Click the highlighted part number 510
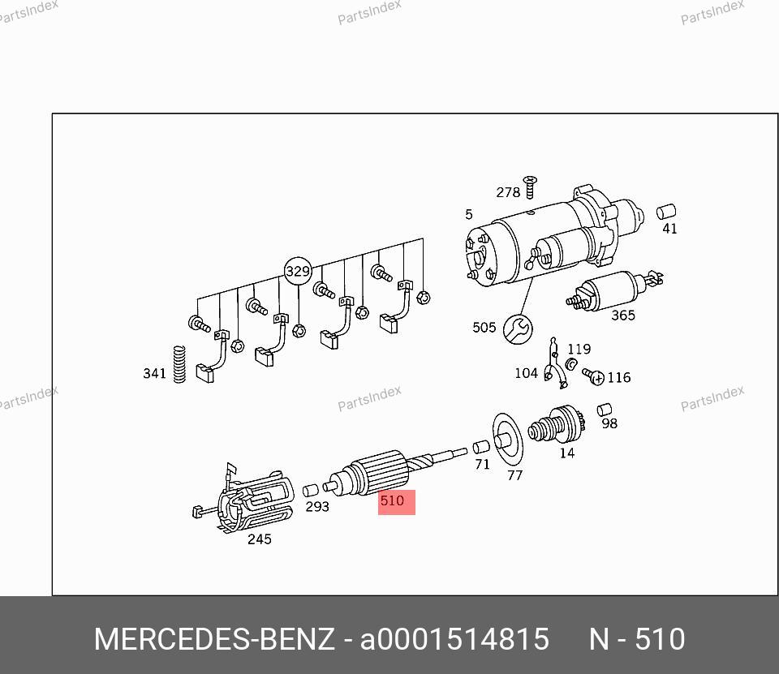pyautogui.click(x=392, y=500)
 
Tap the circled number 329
pyautogui.click(x=298, y=271)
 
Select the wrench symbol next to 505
pyautogui.click(x=518, y=328)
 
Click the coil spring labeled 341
pyautogui.click(x=179, y=364)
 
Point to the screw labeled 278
pyautogui.click(x=530, y=187)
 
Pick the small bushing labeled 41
pyautogui.click(x=666, y=212)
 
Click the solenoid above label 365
pyautogui.click(x=614, y=290)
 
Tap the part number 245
pyautogui.click(x=260, y=539)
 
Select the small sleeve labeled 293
pyautogui.click(x=311, y=491)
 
